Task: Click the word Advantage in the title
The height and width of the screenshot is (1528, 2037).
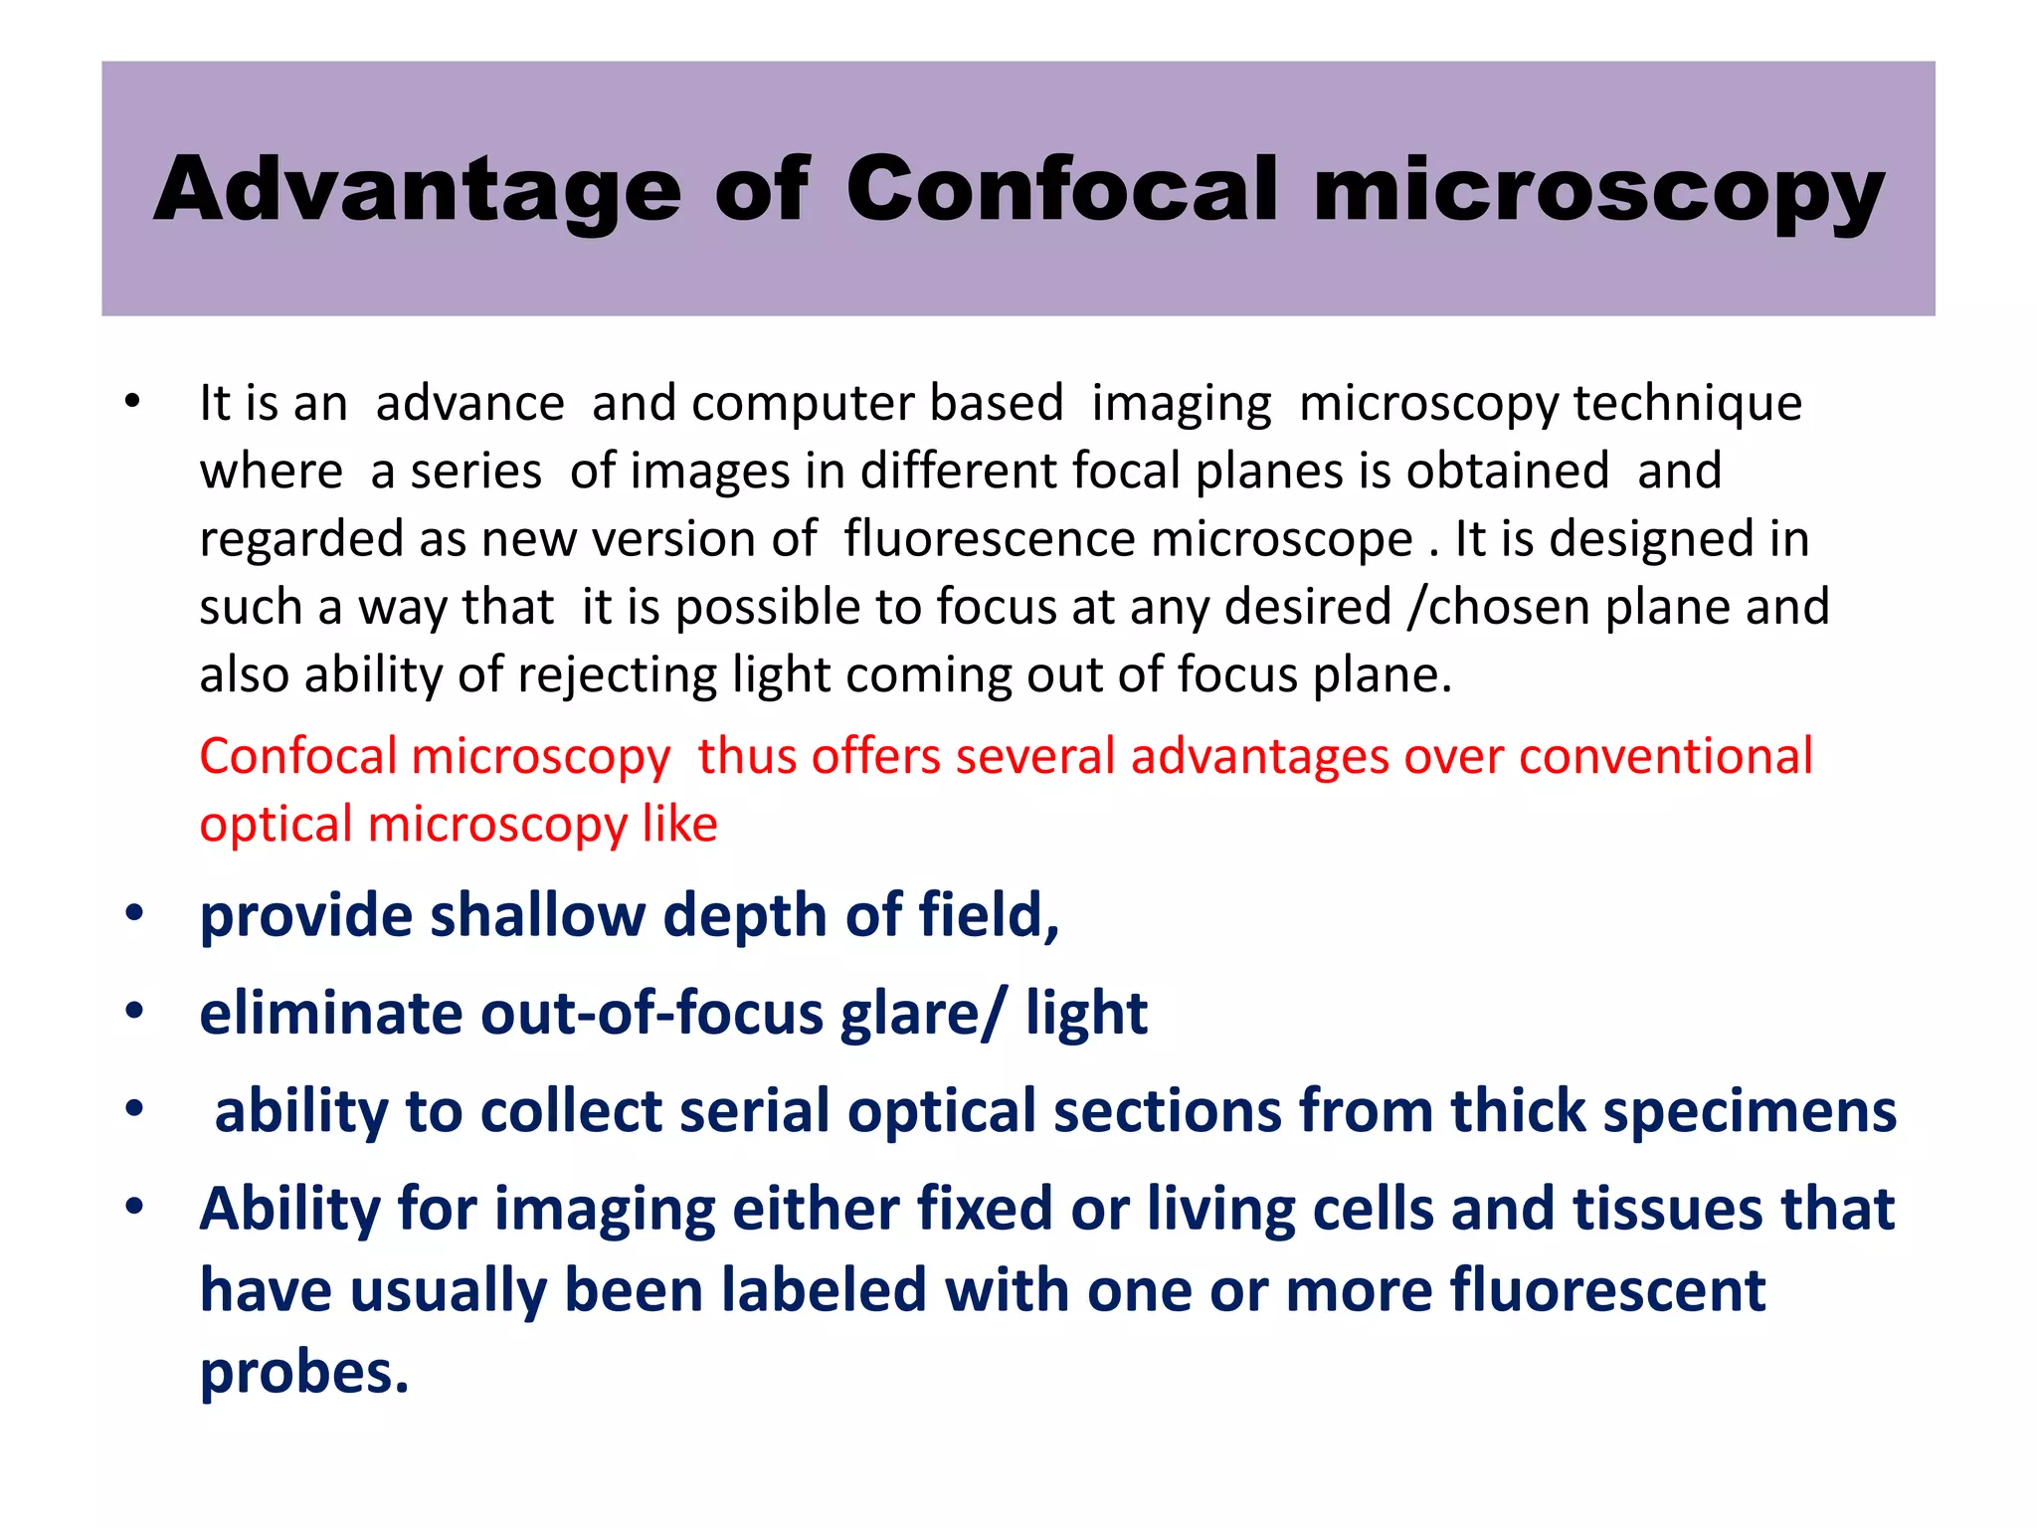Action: coord(417,191)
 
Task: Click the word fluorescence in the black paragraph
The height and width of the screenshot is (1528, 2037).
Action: coord(989,539)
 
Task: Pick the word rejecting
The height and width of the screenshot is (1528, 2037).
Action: coord(625,675)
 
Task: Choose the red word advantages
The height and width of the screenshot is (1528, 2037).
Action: coord(1259,756)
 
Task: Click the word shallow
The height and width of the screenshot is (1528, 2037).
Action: coord(537,915)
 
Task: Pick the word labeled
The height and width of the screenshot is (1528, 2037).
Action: coord(825,1290)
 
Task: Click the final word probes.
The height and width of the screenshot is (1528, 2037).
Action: coord(304,1373)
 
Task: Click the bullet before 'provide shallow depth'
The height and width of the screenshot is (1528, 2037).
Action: coord(134,913)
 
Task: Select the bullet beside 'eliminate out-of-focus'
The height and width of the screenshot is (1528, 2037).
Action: coord(134,1012)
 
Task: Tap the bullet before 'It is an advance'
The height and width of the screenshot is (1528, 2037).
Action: coord(132,403)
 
